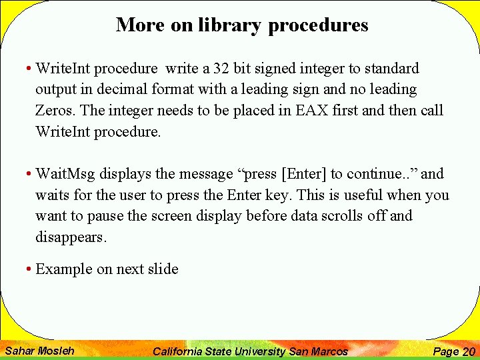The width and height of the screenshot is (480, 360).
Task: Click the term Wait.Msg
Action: point(65,174)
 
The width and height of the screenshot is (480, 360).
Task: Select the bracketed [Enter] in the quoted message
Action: point(304,174)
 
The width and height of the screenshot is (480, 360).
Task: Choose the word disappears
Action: point(71,237)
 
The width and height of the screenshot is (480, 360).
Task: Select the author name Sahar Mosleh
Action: point(39,351)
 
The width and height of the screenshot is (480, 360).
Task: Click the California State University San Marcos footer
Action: point(250,351)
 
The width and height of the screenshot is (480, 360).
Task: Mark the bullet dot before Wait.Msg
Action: point(29,175)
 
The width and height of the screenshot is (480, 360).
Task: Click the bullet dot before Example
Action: point(29,270)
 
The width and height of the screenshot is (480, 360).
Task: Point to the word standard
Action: point(390,68)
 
